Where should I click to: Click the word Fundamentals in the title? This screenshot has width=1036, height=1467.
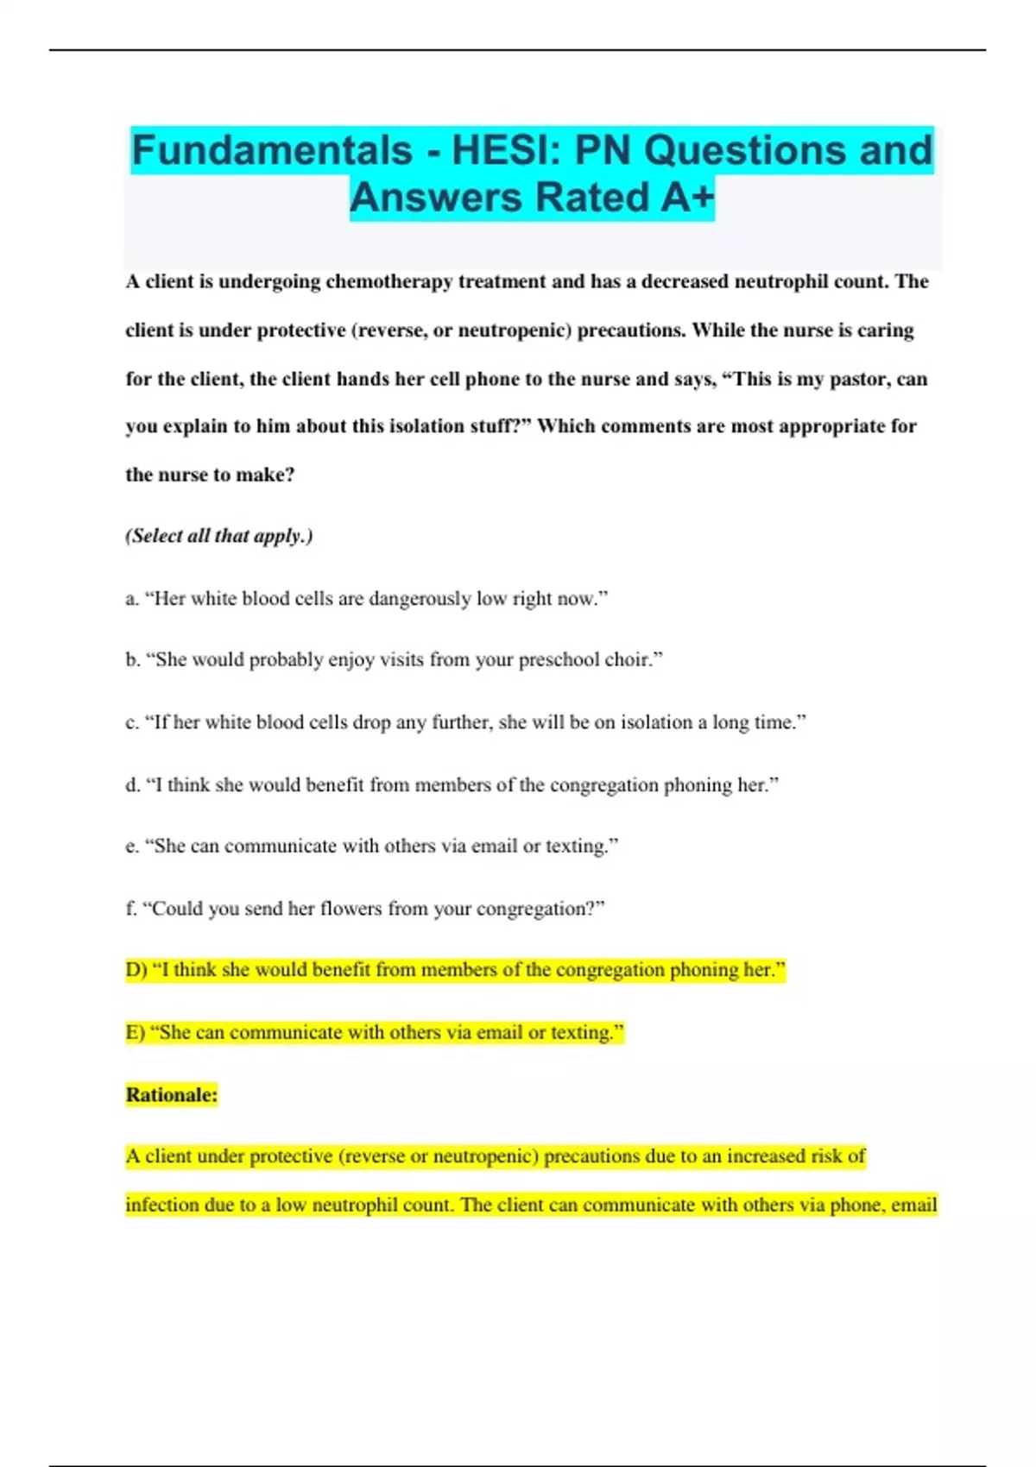pyautogui.click(x=271, y=150)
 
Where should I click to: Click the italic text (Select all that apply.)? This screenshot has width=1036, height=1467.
pyautogui.click(x=219, y=536)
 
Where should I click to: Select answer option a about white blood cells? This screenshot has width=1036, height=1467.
pyautogui.click(x=367, y=599)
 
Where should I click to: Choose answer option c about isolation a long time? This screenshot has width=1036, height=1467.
pyautogui.click(x=466, y=722)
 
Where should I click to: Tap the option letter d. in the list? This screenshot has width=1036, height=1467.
pyautogui.click(x=133, y=785)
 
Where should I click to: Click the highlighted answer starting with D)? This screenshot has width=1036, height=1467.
pyautogui.click(x=455, y=970)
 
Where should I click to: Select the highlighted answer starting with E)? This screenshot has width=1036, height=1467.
pyautogui.click(x=375, y=1032)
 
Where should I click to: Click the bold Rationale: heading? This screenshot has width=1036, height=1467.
pyautogui.click(x=172, y=1095)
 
